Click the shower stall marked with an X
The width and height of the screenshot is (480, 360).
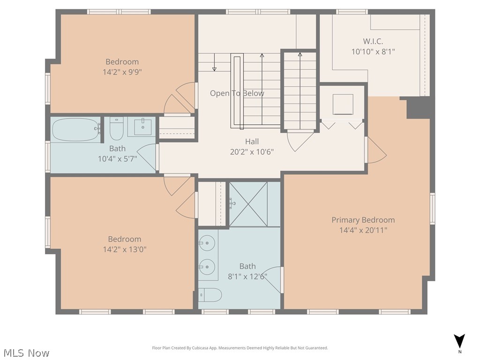pyautogui.click(x=248, y=204)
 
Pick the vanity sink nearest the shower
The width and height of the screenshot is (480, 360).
pyautogui.click(x=206, y=243)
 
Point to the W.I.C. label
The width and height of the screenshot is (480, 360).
pyautogui.click(x=373, y=41)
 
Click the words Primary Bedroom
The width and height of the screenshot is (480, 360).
pyautogui.click(x=363, y=220)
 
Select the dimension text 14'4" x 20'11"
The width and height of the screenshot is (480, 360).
pyautogui.click(x=363, y=230)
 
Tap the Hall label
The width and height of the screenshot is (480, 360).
pyautogui.click(x=252, y=142)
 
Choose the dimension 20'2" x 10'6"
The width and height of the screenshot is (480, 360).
pyautogui.click(x=252, y=152)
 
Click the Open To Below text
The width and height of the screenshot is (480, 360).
pyautogui.click(x=237, y=93)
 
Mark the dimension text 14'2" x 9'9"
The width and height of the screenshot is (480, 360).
pyautogui.click(x=122, y=72)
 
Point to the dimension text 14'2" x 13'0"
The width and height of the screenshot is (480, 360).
pyautogui.click(x=125, y=249)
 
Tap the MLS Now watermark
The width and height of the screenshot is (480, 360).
pyautogui.click(x=26, y=352)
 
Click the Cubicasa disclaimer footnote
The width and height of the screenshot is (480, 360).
pyautogui.click(x=240, y=348)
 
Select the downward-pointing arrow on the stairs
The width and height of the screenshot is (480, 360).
pyautogui.click(x=214, y=62)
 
